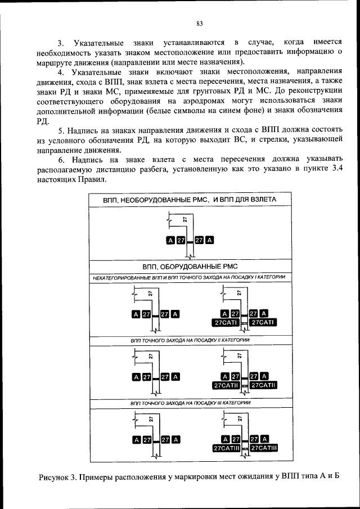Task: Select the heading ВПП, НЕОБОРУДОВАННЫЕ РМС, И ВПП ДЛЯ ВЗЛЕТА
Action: (x=189, y=200)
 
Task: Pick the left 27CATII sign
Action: (x=227, y=385)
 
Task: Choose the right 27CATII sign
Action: (x=264, y=385)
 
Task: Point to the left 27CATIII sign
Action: (x=227, y=448)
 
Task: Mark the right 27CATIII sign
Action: (x=264, y=448)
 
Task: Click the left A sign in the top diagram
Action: (x=170, y=241)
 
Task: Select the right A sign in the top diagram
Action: (x=209, y=241)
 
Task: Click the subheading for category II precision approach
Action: (x=190, y=341)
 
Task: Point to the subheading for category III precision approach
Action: (x=190, y=403)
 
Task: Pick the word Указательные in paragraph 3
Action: (x=102, y=43)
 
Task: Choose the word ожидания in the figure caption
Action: (x=253, y=478)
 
